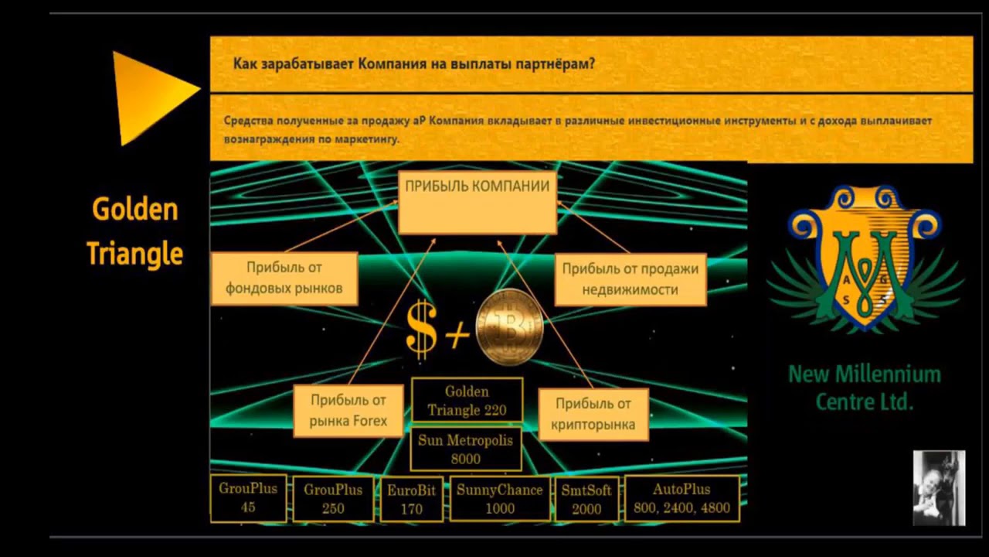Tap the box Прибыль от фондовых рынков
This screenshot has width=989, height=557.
coord(284,278)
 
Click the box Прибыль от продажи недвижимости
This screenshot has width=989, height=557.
coord(630,278)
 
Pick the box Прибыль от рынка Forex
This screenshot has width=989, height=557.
coord(348,411)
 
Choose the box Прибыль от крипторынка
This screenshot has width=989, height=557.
coord(593,413)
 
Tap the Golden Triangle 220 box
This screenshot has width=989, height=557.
coord(467,400)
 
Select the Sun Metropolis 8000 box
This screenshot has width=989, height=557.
coord(466,449)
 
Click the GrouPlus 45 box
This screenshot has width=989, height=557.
coord(248,498)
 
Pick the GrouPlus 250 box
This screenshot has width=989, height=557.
coord(333,499)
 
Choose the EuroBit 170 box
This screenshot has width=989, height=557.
coord(412,499)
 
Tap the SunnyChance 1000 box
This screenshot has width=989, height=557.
coord(500,499)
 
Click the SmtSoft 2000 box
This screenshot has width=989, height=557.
coord(586,499)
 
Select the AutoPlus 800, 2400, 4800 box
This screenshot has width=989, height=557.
coord(681,499)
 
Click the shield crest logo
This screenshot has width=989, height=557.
coord(865,259)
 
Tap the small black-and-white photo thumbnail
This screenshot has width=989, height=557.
coord(939,488)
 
